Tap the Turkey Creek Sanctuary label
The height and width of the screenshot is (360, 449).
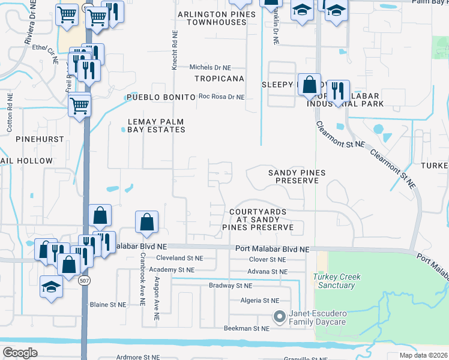pos(334,281)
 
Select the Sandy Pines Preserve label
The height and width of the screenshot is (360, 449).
pos(297,177)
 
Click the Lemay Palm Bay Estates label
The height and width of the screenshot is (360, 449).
pos(155,125)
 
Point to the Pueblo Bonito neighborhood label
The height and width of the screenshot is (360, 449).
pos(160,97)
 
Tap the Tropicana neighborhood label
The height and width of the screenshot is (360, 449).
pos(219,79)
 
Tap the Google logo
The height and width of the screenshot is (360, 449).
pos(20,353)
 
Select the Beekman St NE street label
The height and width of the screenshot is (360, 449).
pos(247,329)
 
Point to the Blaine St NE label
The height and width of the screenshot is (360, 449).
pos(108,305)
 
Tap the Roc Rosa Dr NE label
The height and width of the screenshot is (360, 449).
pos(221,97)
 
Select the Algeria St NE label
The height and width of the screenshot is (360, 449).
pos(259,301)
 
